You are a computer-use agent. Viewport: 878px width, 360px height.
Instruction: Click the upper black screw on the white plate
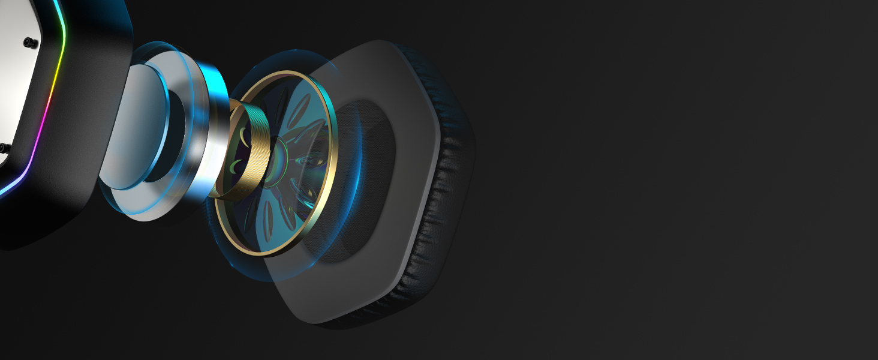click(28, 41)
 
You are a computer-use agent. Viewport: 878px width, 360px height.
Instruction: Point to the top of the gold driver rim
click(282, 73)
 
